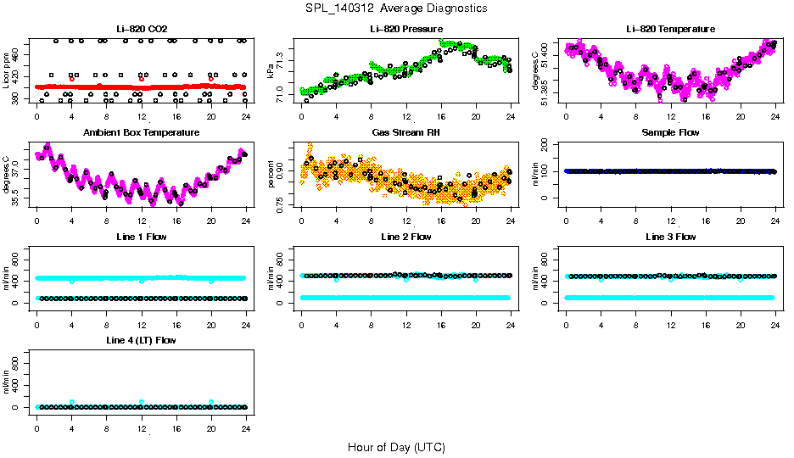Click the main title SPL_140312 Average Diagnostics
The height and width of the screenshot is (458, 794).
click(397, 8)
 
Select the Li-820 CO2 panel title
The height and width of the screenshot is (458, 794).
click(141, 30)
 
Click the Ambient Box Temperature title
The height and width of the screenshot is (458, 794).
click(141, 133)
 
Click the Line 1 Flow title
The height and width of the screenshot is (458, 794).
click(141, 237)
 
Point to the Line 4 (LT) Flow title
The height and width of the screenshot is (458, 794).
click(141, 341)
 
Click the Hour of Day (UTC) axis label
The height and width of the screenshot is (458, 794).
click(396, 447)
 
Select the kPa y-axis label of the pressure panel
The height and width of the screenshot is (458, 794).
click(271, 70)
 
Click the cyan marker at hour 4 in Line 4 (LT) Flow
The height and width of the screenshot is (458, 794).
click(72, 402)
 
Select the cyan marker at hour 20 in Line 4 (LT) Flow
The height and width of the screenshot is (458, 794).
click(211, 402)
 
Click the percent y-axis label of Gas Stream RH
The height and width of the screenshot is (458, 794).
click(271, 174)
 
